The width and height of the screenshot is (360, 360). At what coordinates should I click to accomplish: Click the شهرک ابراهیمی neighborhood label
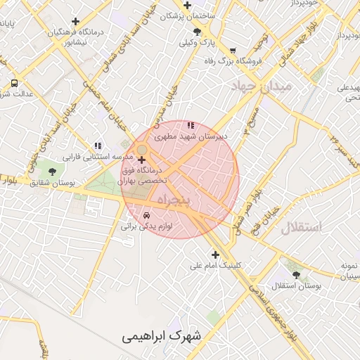pos(161,335)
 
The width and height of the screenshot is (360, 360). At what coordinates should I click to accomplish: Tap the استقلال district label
pos(300,226)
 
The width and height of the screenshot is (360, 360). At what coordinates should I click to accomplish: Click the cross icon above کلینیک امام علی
pos(215,255)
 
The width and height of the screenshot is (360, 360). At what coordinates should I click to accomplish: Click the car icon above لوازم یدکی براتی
pos(146,214)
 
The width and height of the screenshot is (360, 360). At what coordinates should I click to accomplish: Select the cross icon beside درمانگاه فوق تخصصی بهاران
pos(143,161)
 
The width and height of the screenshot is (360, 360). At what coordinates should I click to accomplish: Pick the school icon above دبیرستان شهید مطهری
pos(191,126)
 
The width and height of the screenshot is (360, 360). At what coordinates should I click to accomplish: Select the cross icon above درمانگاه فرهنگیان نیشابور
pos(75,21)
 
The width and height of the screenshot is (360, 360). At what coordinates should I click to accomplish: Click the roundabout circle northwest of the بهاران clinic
pos(141,150)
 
